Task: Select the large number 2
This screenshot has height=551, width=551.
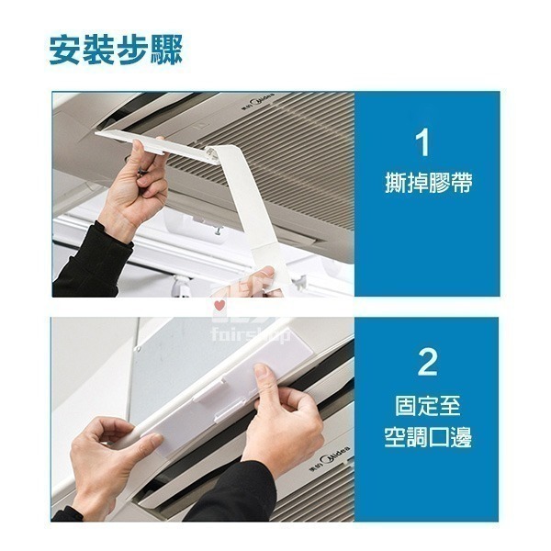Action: tap(427, 362)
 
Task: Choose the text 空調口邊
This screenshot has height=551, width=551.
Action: tap(428, 437)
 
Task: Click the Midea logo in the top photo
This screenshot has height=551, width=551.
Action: tap(262, 107)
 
